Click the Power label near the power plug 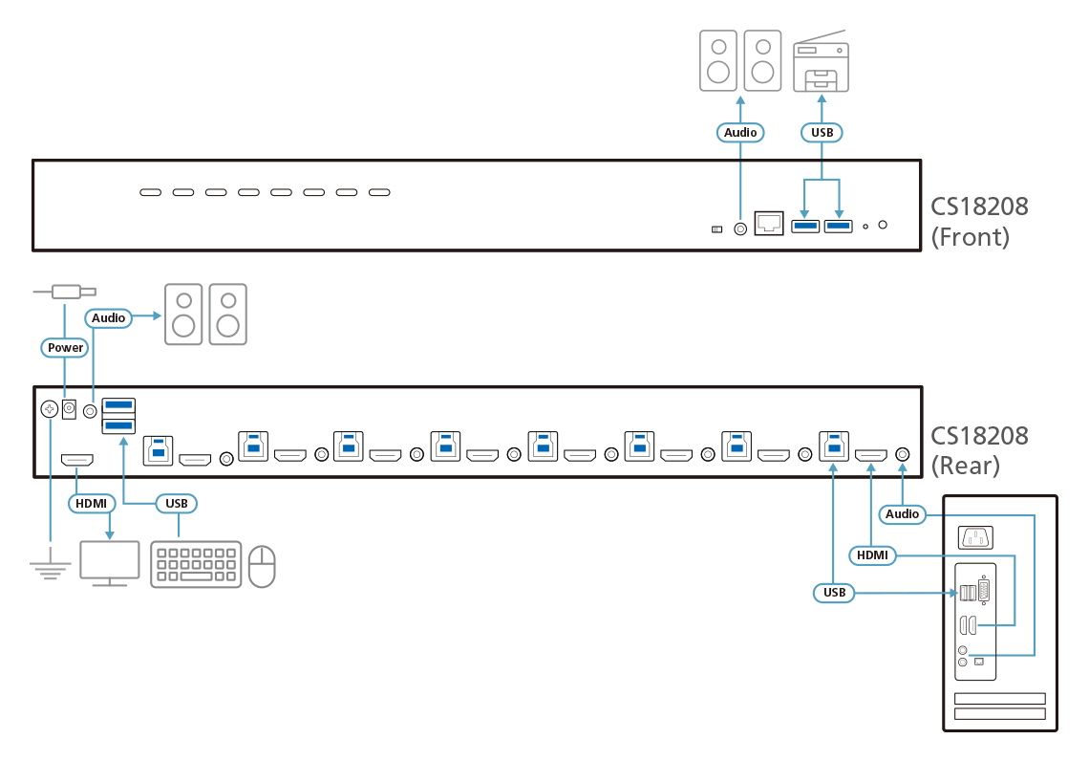coord(66,347)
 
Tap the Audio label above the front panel coord(740,132)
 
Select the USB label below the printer coord(822,132)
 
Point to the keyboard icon coord(196,564)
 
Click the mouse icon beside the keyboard coord(262,566)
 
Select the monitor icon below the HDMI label coord(109,562)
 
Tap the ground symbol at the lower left coord(50,571)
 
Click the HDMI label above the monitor coord(92,502)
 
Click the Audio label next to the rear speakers coord(109,317)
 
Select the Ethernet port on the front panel coord(769,225)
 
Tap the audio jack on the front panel coord(740,228)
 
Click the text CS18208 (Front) coord(980,222)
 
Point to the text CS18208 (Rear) coord(980,450)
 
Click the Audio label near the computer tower coord(902,513)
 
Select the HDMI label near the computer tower coord(871,554)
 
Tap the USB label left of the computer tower coord(834,593)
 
